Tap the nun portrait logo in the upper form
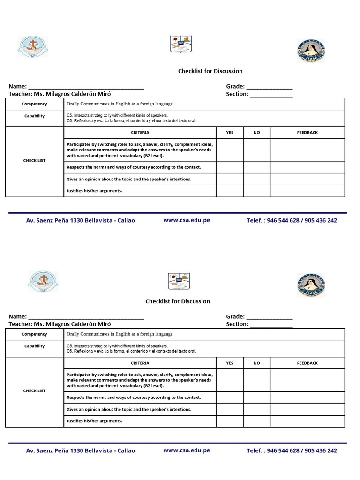[311, 51]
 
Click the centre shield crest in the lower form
[179, 281]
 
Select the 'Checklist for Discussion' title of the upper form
[210, 71]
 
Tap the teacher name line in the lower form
[60, 324]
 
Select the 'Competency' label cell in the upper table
[34, 104]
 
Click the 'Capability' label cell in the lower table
[34, 346]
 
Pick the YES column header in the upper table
[230, 133]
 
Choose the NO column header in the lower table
[256, 363]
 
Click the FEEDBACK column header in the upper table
[307, 133]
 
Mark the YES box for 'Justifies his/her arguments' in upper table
[230, 191]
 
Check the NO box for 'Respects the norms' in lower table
[256, 397]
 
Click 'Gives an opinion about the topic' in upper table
[129, 179]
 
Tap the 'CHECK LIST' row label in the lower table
[34, 391]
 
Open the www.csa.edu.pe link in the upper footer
[187, 220]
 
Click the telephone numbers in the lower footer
[292, 450]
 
